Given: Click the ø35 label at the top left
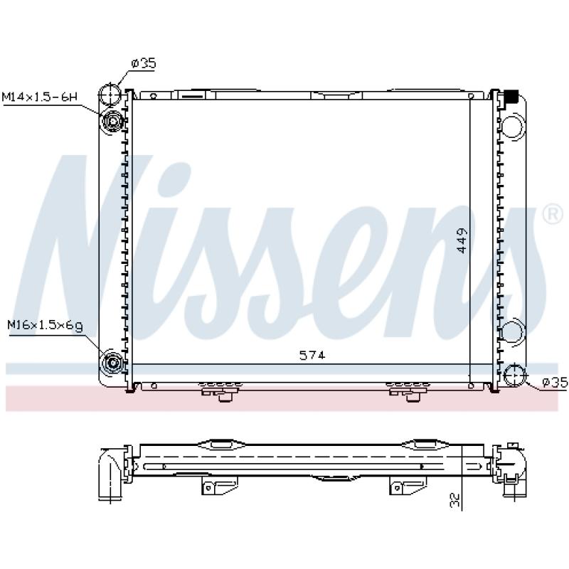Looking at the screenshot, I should (x=144, y=64).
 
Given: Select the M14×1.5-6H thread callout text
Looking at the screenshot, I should (x=40, y=95).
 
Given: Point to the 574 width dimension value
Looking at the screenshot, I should (x=312, y=355).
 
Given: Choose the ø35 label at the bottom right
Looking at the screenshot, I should (x=555, y=383).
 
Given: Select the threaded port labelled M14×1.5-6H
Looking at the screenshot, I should (x=113, y=123).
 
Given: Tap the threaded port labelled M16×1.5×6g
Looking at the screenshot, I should (x=113, y=363).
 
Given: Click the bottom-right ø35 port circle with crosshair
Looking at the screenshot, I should (x=514, y=376).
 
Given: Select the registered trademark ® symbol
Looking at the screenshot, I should (x=552, y=214).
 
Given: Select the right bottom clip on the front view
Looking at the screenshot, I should (x=408, y=390).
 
